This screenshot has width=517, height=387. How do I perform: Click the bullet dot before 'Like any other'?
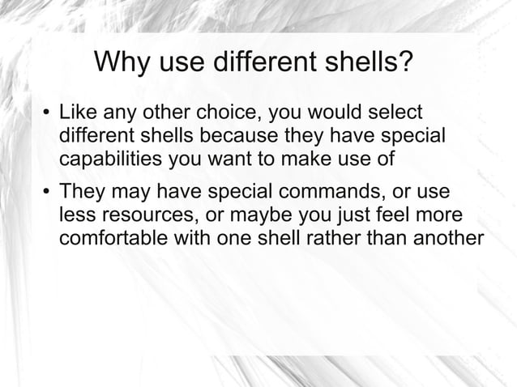pos(47,112)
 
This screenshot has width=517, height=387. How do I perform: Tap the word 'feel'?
pos(397,217)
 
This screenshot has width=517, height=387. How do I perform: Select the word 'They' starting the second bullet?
pos(81,194)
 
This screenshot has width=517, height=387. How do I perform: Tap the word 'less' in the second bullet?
pos(75,217)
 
